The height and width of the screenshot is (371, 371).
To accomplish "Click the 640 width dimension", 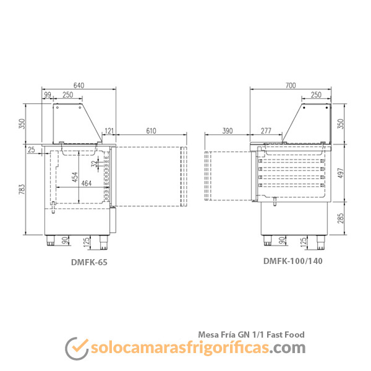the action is point(79,85).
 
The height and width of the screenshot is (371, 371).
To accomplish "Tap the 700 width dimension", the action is point(291,85).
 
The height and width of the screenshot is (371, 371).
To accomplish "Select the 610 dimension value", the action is point(151,131).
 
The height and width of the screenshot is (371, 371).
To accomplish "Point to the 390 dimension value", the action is point(228,131).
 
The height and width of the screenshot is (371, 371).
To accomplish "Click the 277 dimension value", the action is point(266,131).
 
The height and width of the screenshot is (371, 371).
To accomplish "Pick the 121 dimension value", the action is point(109,131).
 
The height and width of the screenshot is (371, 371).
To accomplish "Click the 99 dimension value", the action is point(48,95).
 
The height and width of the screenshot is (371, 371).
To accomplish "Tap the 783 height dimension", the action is point(22,189).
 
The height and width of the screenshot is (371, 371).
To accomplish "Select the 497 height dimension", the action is point(340,173).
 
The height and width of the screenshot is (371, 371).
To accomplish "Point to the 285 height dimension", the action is point(340,218).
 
